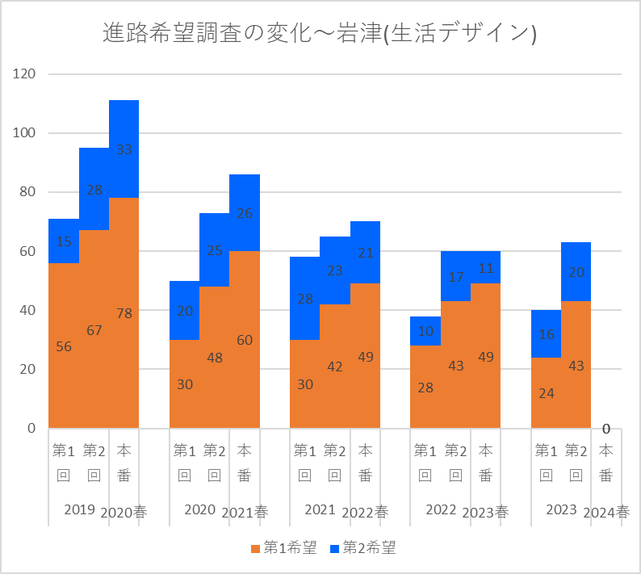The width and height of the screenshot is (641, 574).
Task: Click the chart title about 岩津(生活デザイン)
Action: pos(320,33)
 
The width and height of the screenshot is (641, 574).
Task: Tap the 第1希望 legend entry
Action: pos(284,548)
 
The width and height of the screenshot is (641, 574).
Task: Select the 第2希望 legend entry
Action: pos(362,548)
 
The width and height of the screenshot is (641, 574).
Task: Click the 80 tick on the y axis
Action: pos(29,192)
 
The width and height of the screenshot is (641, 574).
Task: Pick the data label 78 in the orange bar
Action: pos(124,313)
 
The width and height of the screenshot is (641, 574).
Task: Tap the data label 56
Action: pos(64,346)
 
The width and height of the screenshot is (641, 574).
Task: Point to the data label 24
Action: pos(546,394)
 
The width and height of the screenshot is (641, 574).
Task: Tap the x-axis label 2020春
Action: pos(124,512)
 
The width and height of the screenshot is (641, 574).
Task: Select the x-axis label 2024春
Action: pos(606,512)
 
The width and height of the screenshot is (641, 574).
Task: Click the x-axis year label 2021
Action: pos(320,510)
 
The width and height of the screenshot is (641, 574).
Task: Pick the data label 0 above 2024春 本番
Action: pos(606,429)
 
